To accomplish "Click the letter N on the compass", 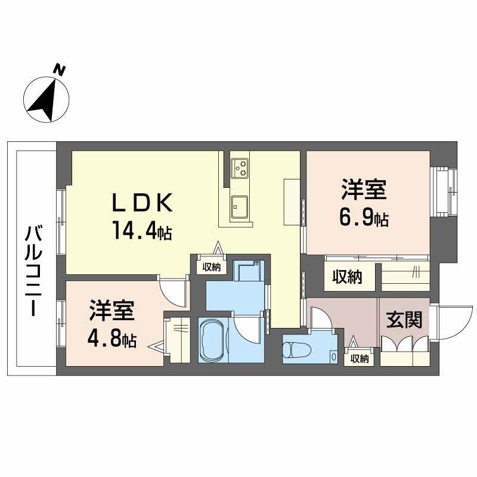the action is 59,70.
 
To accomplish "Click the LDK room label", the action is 143,203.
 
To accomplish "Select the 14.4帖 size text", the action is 143,230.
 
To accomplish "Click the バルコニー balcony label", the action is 33,271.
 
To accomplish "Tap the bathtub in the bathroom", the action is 213,340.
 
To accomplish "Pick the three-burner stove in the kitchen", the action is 240,168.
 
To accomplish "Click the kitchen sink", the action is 239,207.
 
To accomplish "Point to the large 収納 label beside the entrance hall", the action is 347,277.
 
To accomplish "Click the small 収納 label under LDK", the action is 212,267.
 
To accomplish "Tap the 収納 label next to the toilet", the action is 360,359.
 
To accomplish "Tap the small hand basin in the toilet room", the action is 334,356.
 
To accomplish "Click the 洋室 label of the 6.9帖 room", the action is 364,190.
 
